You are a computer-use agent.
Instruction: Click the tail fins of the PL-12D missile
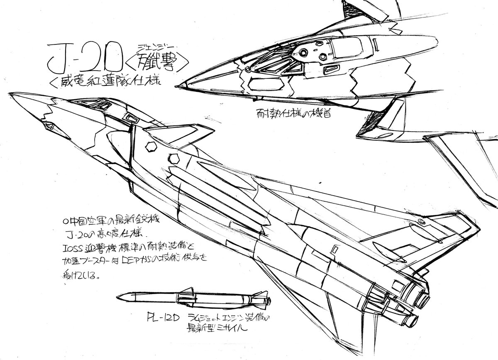261,300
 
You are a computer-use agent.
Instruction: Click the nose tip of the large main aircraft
12,95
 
